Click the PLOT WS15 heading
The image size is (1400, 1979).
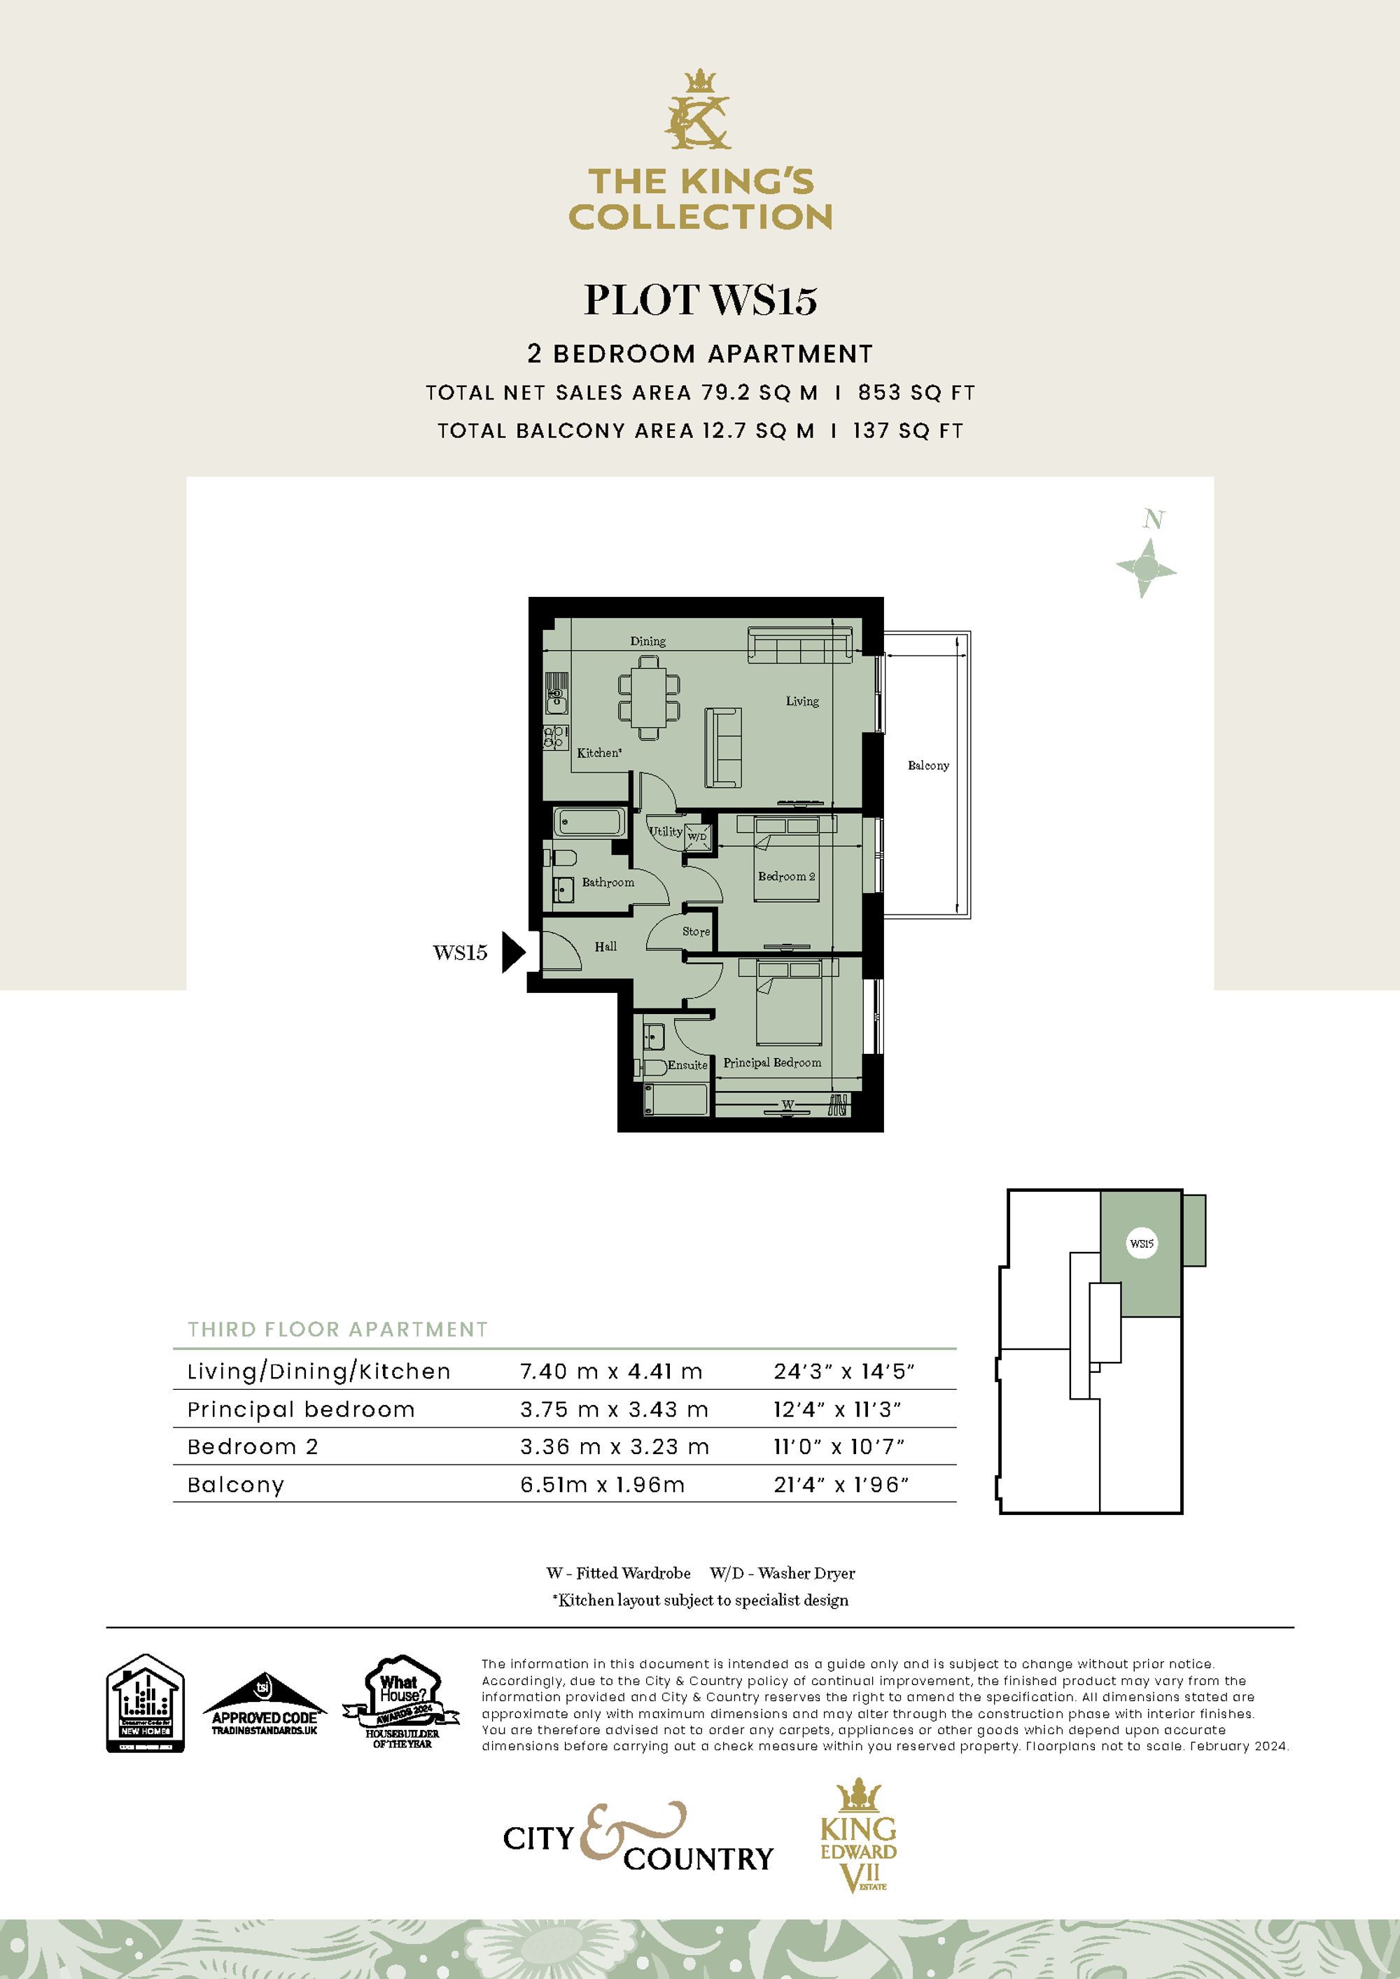pos(700,300)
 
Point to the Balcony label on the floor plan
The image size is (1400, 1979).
pos(927,766)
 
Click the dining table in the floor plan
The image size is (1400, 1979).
pos(648,697)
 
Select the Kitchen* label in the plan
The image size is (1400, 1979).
pos(599,752)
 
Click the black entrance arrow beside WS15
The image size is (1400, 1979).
pos(514,952)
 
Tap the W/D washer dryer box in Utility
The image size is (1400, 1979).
pos(697,836)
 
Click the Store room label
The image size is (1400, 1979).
pos(696,931)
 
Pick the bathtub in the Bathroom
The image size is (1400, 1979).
pos(589,822)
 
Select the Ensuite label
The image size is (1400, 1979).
pos(687,1065)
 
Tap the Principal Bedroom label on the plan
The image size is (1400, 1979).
pos(771,1063)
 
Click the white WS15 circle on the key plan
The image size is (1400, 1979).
pos(1142,1244)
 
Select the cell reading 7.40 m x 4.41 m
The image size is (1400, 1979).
pos(610,1372)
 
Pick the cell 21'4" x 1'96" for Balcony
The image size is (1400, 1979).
pos(841,1485)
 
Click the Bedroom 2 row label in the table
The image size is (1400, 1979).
pos(253,1447)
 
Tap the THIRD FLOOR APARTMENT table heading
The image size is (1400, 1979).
pos(338,1330)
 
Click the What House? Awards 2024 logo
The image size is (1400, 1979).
pos(402,1703)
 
